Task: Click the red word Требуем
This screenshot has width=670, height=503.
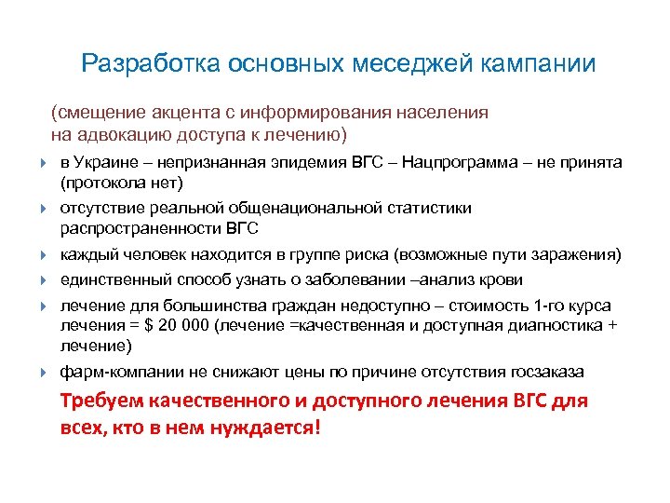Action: click(103, 401)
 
